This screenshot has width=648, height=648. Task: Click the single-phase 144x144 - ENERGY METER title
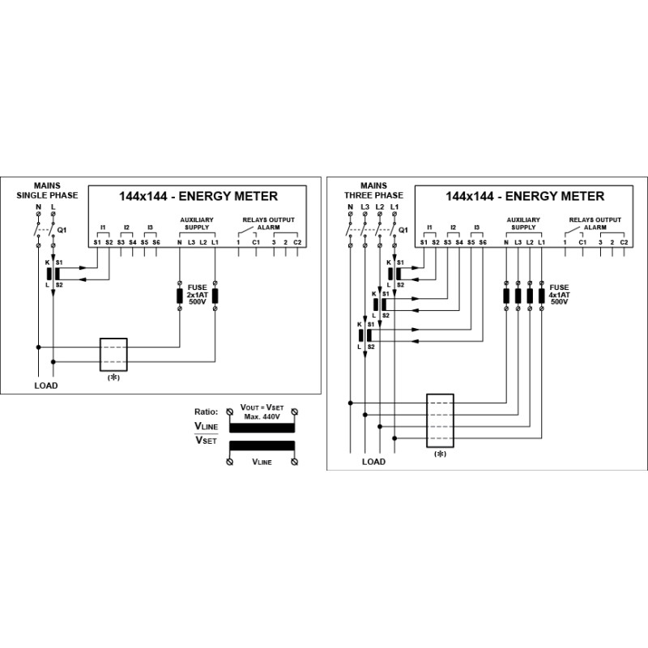[x=198, y=196]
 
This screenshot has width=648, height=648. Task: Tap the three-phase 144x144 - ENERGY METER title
[x=525, y=196]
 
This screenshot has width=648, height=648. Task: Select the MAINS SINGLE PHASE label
[x=47, y=190]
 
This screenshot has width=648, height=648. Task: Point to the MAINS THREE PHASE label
[x=373, y=190]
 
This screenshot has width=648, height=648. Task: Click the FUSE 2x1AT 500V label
[x=197, y=294]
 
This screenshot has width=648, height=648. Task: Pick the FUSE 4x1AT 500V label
[x=559, y=294]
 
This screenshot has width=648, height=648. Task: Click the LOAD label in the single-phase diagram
[x=46, y=386]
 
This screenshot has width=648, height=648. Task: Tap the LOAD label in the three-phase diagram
[x=373, y=462]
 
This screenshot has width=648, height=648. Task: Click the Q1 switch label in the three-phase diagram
[x=403, y=230]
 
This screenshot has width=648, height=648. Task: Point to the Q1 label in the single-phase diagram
[x=62, y=230]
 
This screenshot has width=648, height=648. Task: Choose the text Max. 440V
[x=262, y=416]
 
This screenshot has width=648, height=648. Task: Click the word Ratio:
[x=207, y=411]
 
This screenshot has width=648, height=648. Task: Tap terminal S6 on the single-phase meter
[x=156, y=242]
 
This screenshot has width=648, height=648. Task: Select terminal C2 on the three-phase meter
[x=624, y=242]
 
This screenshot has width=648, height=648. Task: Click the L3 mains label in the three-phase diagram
[x=365, y=207]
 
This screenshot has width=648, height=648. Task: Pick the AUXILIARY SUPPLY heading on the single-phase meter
[x=197, y=224]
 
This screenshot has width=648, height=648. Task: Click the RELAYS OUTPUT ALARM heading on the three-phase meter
[x=595, y=224]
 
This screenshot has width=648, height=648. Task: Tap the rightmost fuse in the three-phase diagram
[x=541, y=296]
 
